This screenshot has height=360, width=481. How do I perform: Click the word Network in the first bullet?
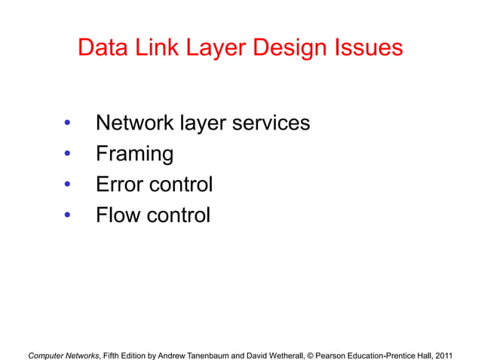point(135,123)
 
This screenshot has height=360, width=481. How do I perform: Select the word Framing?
point(134,155)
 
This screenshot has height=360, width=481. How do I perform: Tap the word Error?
point(118,185)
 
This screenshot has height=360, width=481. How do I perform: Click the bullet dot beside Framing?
point(67,155)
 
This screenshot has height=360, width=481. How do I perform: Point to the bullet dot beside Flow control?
point(67,216)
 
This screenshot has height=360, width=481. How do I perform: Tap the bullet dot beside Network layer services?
point(67,124)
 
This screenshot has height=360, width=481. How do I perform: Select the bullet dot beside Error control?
point(67,185)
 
